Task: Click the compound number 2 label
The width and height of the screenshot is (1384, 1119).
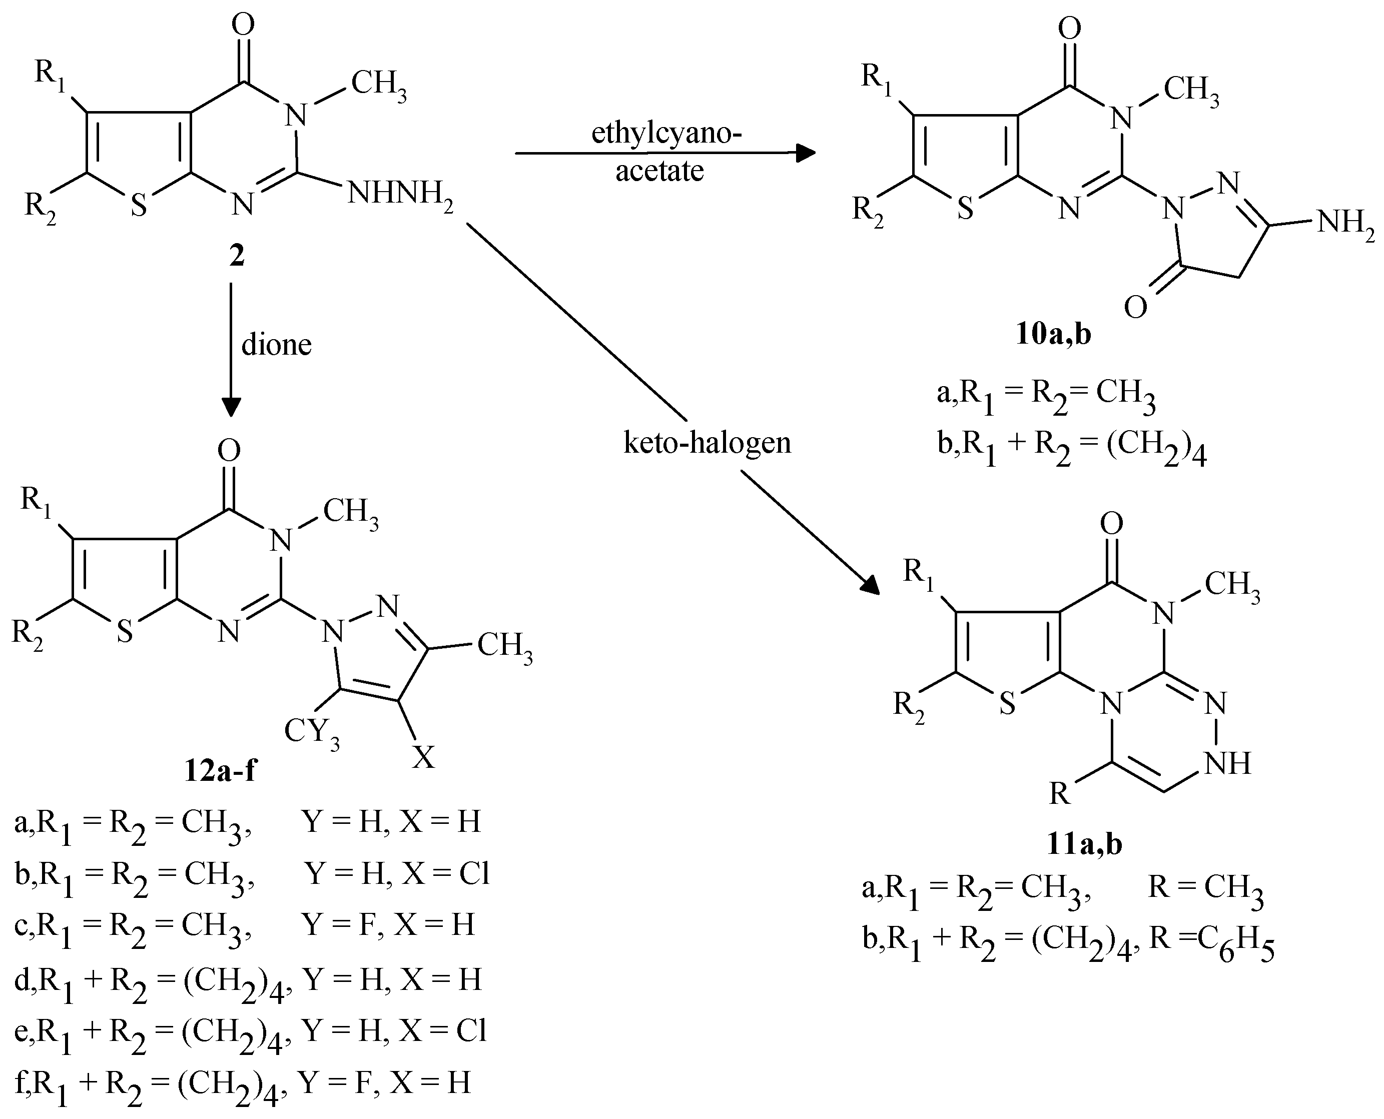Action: tap(237, 257)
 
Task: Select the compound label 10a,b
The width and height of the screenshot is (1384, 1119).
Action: tap(1053, 335)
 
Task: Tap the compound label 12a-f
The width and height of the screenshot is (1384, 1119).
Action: tap(219, 770)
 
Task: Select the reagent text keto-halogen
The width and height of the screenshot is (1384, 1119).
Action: tap(707, 443)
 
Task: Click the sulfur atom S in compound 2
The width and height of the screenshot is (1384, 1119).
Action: tap(139, 206)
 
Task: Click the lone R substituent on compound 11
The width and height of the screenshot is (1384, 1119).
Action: tap(1059, 793)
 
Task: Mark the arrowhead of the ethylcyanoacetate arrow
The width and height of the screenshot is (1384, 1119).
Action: tap(806, 153)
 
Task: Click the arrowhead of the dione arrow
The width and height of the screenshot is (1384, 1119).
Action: tap(231, 407)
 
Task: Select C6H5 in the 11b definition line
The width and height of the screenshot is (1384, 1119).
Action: tap(1236, 946)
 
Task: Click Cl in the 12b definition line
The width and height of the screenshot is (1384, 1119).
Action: tap(474, 873)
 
